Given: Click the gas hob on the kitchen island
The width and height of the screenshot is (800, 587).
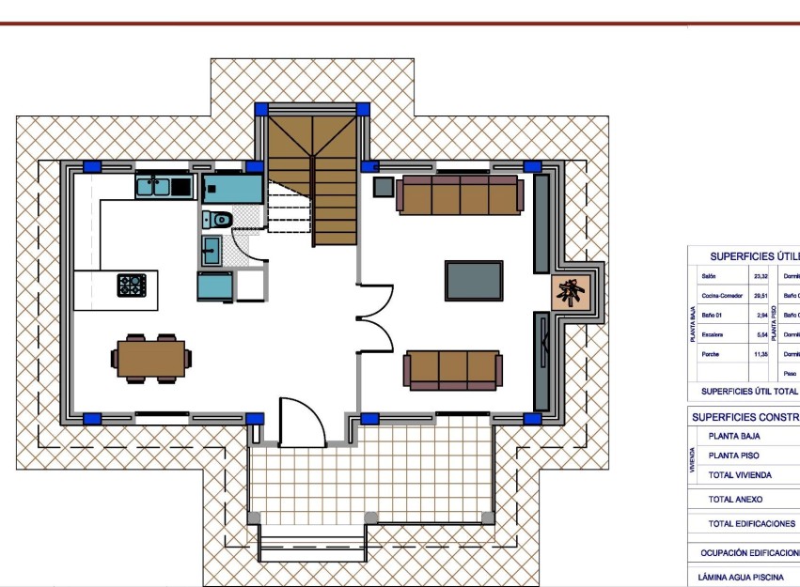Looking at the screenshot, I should point(131,284).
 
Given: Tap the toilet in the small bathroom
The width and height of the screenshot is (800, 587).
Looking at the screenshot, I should point(218,220).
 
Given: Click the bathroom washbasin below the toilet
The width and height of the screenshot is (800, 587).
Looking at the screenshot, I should point(212,250).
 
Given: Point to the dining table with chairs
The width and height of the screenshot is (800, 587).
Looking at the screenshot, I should point(150,358).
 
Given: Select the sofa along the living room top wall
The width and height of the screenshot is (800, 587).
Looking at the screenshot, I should point(460,194).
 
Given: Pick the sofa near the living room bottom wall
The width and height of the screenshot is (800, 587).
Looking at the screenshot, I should point(453,369).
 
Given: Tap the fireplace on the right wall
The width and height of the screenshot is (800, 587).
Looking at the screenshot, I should point(572,293).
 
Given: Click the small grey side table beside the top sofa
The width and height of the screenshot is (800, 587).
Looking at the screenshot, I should point(384,186).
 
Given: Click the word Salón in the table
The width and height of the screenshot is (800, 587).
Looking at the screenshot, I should point(710,276).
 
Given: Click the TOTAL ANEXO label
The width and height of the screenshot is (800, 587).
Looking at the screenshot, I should point(735,500).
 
